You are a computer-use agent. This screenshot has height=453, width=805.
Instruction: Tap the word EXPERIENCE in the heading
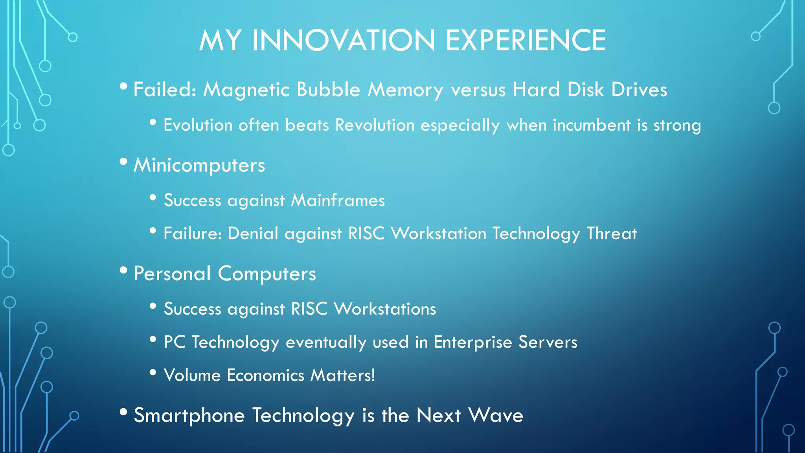[x=526, y=41]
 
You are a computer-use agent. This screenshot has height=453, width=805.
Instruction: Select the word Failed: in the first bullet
[x=165, y=90]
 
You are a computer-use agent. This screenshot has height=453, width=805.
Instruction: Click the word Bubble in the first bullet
[x=328, y=90]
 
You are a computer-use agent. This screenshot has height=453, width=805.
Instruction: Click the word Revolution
[x=375, y=125]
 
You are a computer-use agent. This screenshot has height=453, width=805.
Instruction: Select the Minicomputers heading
[x=199, y=165]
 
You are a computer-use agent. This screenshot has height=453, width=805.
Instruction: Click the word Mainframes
[x=338, y=201]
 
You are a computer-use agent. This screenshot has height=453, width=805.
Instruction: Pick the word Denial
[x=253, y=234]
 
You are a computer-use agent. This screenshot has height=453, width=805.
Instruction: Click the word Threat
[x=612, y=234]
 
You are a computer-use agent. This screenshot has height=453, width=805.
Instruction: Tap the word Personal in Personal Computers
[x=172, y=274]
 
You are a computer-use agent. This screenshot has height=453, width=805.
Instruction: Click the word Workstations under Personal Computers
[x=385, y=309]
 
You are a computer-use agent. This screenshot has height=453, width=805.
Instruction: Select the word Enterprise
[x=473, y=342]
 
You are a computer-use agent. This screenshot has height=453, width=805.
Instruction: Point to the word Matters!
[x=342, y=375]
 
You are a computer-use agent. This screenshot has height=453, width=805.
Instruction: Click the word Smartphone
[x=189, y=416]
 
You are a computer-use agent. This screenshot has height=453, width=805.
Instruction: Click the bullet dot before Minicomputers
[x=123, y=162]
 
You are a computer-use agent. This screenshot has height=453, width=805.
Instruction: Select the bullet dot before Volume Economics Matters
[x=153, y=372]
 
